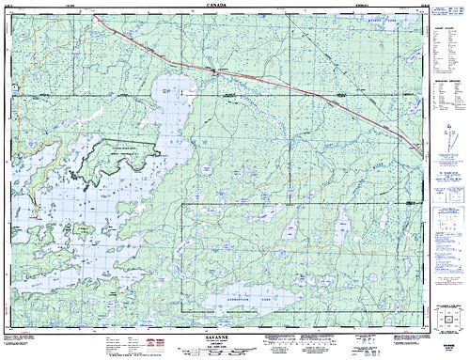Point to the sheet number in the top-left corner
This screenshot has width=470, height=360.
[x=18, y=5]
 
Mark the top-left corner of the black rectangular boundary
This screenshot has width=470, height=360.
[x=180, y=203]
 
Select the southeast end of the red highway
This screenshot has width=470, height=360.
[x=416, y=147]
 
